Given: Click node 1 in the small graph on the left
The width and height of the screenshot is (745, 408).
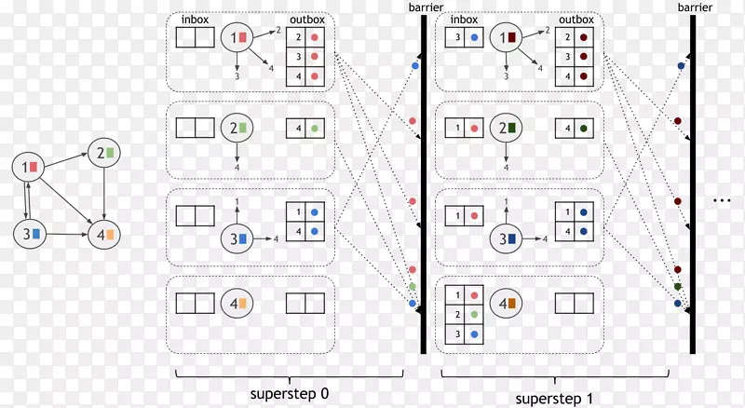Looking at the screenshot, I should pyautogui.click(x=28, y=167).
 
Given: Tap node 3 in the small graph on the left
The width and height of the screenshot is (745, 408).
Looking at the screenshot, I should pyautogui.click(x=29, y=233).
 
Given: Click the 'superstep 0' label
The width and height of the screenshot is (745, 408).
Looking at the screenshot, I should pyautogui.click(x=290, y=392).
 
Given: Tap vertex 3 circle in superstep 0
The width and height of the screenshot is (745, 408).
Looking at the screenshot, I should pyautogui.click(x=237, y=238).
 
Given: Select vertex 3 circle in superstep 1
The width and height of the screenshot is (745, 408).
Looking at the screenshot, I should pyautogui.click(x=507, y=238).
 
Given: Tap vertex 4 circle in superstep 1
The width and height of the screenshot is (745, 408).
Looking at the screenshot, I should pyautogui.click(x=507, y=304).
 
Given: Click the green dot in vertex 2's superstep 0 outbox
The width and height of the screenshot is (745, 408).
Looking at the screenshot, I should pyautogui.click(x=315, y=128).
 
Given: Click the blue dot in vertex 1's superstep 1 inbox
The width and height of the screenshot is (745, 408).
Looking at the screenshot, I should pyautogui.click(x=475, y=38).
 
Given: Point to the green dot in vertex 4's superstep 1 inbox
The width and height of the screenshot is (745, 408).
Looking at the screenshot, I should pyautogui.click(x=475, y=314).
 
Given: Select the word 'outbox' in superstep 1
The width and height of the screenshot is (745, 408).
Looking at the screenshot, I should pyautogui.click(x=575, y=18).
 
